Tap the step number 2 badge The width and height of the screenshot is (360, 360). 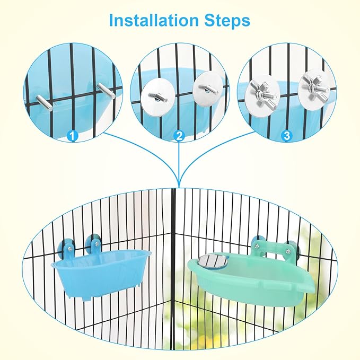179,136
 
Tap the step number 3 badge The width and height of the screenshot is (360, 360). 287,136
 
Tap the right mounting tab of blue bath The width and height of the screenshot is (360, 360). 95,245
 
